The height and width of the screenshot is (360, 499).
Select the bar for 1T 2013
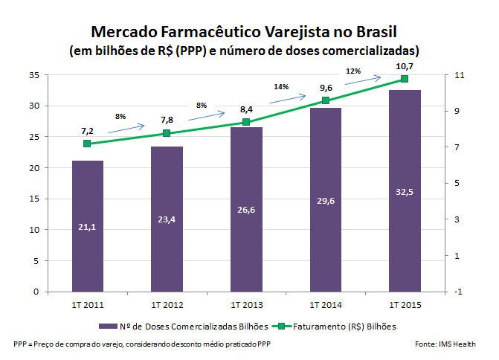click(246, 209)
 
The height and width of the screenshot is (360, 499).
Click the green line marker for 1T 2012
click(167, 133)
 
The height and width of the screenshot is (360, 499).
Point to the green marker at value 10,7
click(405, 78)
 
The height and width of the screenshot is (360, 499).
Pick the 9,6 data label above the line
click(326, 87)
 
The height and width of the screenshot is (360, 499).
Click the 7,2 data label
click(88, 130)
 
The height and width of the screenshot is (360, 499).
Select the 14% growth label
click(281, 87)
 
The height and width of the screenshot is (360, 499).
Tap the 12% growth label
click(353, 71)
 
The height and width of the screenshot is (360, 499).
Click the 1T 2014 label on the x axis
click(325, 304)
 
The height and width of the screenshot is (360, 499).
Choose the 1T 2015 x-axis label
click(405, 304)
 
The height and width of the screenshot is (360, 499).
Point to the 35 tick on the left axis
click(35, 75)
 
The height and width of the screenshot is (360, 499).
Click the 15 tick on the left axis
click(35, 199)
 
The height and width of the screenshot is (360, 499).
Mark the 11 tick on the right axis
click(457, 75)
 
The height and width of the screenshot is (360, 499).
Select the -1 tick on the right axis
click(457, 292)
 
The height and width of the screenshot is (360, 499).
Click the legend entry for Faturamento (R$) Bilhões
click(338, 326)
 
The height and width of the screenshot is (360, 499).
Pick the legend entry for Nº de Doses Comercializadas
click(181, 326)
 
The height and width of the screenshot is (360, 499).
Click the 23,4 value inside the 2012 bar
click(167, 219)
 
